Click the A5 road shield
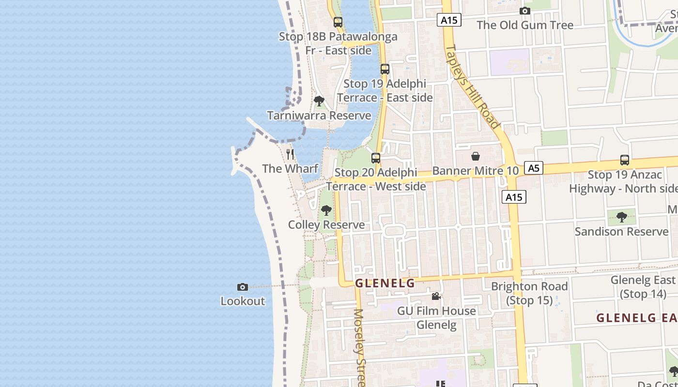pos(533,168)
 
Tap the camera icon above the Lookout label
pos(243,287)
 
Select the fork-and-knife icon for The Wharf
pos(290,154)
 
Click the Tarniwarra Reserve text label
pos(319,116)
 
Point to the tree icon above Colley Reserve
pos(326,210)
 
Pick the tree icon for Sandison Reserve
pos(622,217)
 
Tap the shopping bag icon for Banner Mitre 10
pos(476,156)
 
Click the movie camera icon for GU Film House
pos(436,296)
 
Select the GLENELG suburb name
pos(385,283)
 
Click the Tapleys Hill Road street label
pos(472,87)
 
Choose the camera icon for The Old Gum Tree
pos(525,11)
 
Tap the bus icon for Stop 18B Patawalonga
pos(338,22)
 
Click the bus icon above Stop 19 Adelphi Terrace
pos(385,69)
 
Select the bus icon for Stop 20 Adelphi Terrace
pos(376,158)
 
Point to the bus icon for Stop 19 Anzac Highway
pos(625,160)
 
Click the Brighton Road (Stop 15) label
pos(529,293)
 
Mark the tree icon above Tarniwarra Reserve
pos(319,101)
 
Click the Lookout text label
pos(243,301)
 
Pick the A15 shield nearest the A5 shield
pos(514,197)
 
